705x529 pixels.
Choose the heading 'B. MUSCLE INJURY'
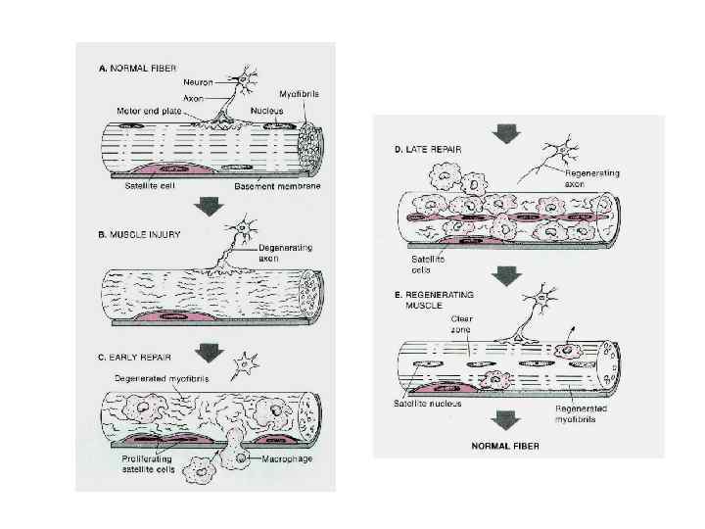click(x=137, y=235)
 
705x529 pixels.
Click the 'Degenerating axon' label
click(x=284, y=254)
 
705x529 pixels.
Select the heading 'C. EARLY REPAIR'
click(x=136, y=358)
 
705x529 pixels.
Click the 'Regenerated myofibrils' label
click(x=578, y=414)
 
